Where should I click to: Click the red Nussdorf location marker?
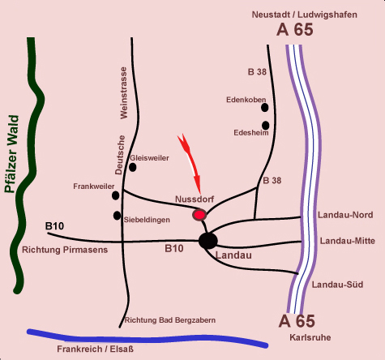(199, 215)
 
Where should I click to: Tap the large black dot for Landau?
(207, 241)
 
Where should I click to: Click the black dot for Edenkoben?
(265, 108)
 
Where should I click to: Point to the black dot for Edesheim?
(266, 126)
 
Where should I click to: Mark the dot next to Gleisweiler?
(132, 167)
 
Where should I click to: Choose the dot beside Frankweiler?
(115, 195)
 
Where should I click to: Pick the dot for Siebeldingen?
(117, 216)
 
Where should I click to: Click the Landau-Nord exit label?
(345, 215)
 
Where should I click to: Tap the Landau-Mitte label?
(348, 241)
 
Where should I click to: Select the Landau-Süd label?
(337, 285)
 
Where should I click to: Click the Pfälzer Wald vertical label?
(12, 154)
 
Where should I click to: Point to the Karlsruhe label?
(310, 337)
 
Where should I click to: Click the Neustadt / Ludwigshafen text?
(305, 15)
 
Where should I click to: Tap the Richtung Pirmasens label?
(65, 250)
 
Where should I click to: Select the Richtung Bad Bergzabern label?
(170, 320)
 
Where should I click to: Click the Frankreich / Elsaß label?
(95, 349)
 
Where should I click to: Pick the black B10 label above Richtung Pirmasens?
(54, 226)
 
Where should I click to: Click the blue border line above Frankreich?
(148, 339)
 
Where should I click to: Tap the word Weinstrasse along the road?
(123, 93)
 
